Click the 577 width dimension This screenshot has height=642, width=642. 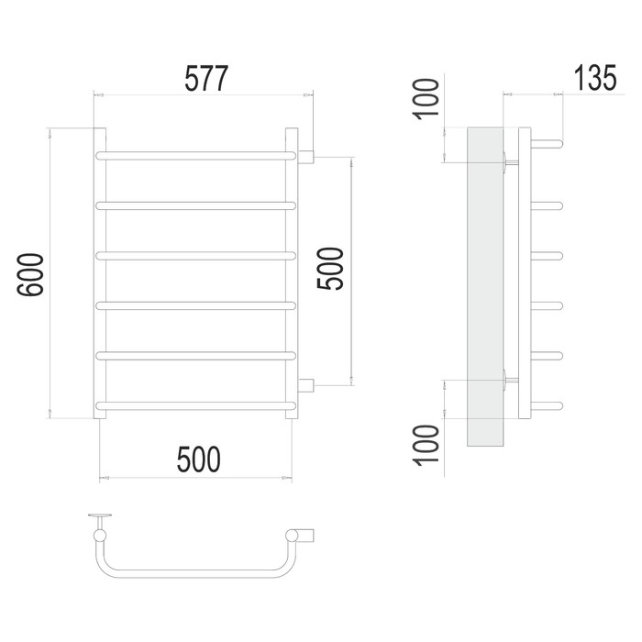[206, 79]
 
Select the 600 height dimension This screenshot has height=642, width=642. [30, 274]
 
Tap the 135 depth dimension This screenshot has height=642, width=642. [595, 78]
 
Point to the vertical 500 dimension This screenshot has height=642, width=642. [330, 269]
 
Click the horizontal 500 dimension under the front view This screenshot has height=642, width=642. [199, 459]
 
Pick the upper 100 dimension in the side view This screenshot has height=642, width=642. [426, 99]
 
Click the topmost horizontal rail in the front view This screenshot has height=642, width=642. [195, 156]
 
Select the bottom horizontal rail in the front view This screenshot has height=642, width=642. [195, 405]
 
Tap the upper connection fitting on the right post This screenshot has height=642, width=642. [305, 157]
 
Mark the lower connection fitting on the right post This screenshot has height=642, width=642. [305, 386]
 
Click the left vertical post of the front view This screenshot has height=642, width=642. [99, 273]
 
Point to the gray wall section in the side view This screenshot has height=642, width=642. [485, 286]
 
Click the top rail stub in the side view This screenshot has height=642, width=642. [547, 144]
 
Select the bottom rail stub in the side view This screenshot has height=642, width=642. [547, 406]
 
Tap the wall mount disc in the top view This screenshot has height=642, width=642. [100, 515]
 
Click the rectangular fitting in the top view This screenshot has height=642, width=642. [306, 536]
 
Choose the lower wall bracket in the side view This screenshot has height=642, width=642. [511, 381]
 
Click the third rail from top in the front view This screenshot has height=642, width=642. [195, 256]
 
